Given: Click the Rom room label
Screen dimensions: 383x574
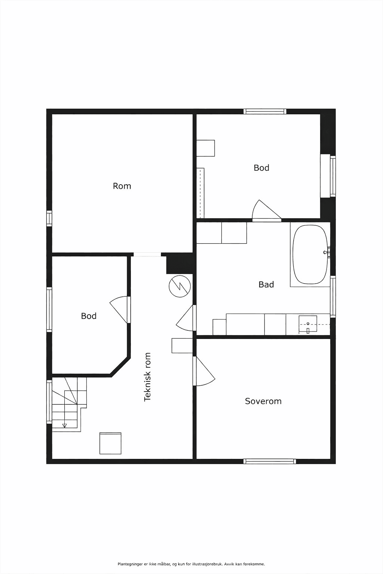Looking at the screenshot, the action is click(122, 186).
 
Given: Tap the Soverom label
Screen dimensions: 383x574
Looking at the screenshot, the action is click(263, 401).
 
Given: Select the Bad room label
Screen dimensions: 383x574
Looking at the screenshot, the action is click(266, 284).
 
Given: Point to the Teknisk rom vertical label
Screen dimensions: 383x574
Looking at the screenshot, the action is click(147, 377).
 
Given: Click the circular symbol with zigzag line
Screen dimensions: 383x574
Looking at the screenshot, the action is click(180, 286).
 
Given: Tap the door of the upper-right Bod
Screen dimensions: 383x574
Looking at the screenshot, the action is click(267, 211).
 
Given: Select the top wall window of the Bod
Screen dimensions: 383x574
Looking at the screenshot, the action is click(265, 111).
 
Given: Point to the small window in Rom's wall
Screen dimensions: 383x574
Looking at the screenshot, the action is click(49, 218).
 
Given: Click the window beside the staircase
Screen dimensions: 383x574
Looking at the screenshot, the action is click(49, 402).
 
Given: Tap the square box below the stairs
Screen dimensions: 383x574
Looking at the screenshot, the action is click(110, 443).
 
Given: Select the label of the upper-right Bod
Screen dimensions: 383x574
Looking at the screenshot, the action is click(261, 168).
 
